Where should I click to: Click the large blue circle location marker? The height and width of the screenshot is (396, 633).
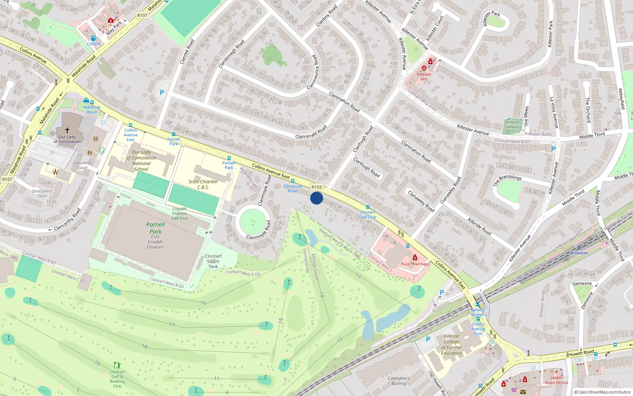point(316,198)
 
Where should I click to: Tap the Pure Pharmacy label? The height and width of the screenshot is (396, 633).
point(415,264)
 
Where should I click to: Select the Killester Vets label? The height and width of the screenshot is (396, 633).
point(424,76)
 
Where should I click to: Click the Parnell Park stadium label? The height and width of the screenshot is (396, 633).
point(155,228)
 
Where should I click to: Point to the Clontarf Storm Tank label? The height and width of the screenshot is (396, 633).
point(213,261)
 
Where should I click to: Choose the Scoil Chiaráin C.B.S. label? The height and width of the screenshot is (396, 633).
point(203,184)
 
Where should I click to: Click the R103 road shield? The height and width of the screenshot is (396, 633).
point(317,187)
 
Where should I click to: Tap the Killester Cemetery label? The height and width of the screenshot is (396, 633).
point(513,125)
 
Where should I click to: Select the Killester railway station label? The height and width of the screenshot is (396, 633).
point(580,253)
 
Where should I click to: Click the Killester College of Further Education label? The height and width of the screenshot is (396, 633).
point(451,345)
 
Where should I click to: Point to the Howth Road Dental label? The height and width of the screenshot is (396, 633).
point(556,380)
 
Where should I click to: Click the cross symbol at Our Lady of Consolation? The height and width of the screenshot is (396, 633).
point(67,130)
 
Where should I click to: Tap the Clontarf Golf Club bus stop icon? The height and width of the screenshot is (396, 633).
point(368,207)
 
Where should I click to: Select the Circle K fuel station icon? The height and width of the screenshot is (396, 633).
point(93,38)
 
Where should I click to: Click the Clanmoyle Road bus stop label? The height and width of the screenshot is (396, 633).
point(293,188)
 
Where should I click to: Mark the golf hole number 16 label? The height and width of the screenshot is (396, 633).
point(203,303)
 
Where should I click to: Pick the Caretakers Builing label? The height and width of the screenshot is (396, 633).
point(398,381)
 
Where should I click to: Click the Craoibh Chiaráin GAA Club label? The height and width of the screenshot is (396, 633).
point(179,213)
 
